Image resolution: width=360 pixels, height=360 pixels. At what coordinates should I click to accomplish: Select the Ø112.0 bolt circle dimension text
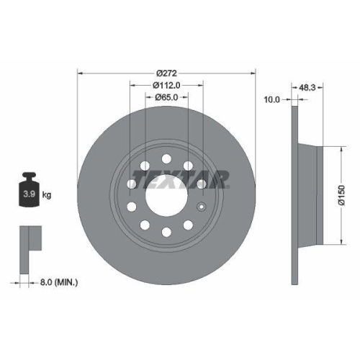point(166,86)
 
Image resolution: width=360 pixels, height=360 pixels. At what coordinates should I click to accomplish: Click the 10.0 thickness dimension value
point(271,99)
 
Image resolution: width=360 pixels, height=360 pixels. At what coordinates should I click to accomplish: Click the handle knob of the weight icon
point(30,176)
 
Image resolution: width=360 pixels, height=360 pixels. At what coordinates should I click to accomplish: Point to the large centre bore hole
point(166,195)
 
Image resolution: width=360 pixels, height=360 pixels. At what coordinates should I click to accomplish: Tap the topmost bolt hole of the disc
point(166,158)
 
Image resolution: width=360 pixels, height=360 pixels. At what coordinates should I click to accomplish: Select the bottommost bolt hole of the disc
point(166,231)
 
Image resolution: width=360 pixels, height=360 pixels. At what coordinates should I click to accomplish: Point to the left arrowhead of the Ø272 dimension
point(78,73)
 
